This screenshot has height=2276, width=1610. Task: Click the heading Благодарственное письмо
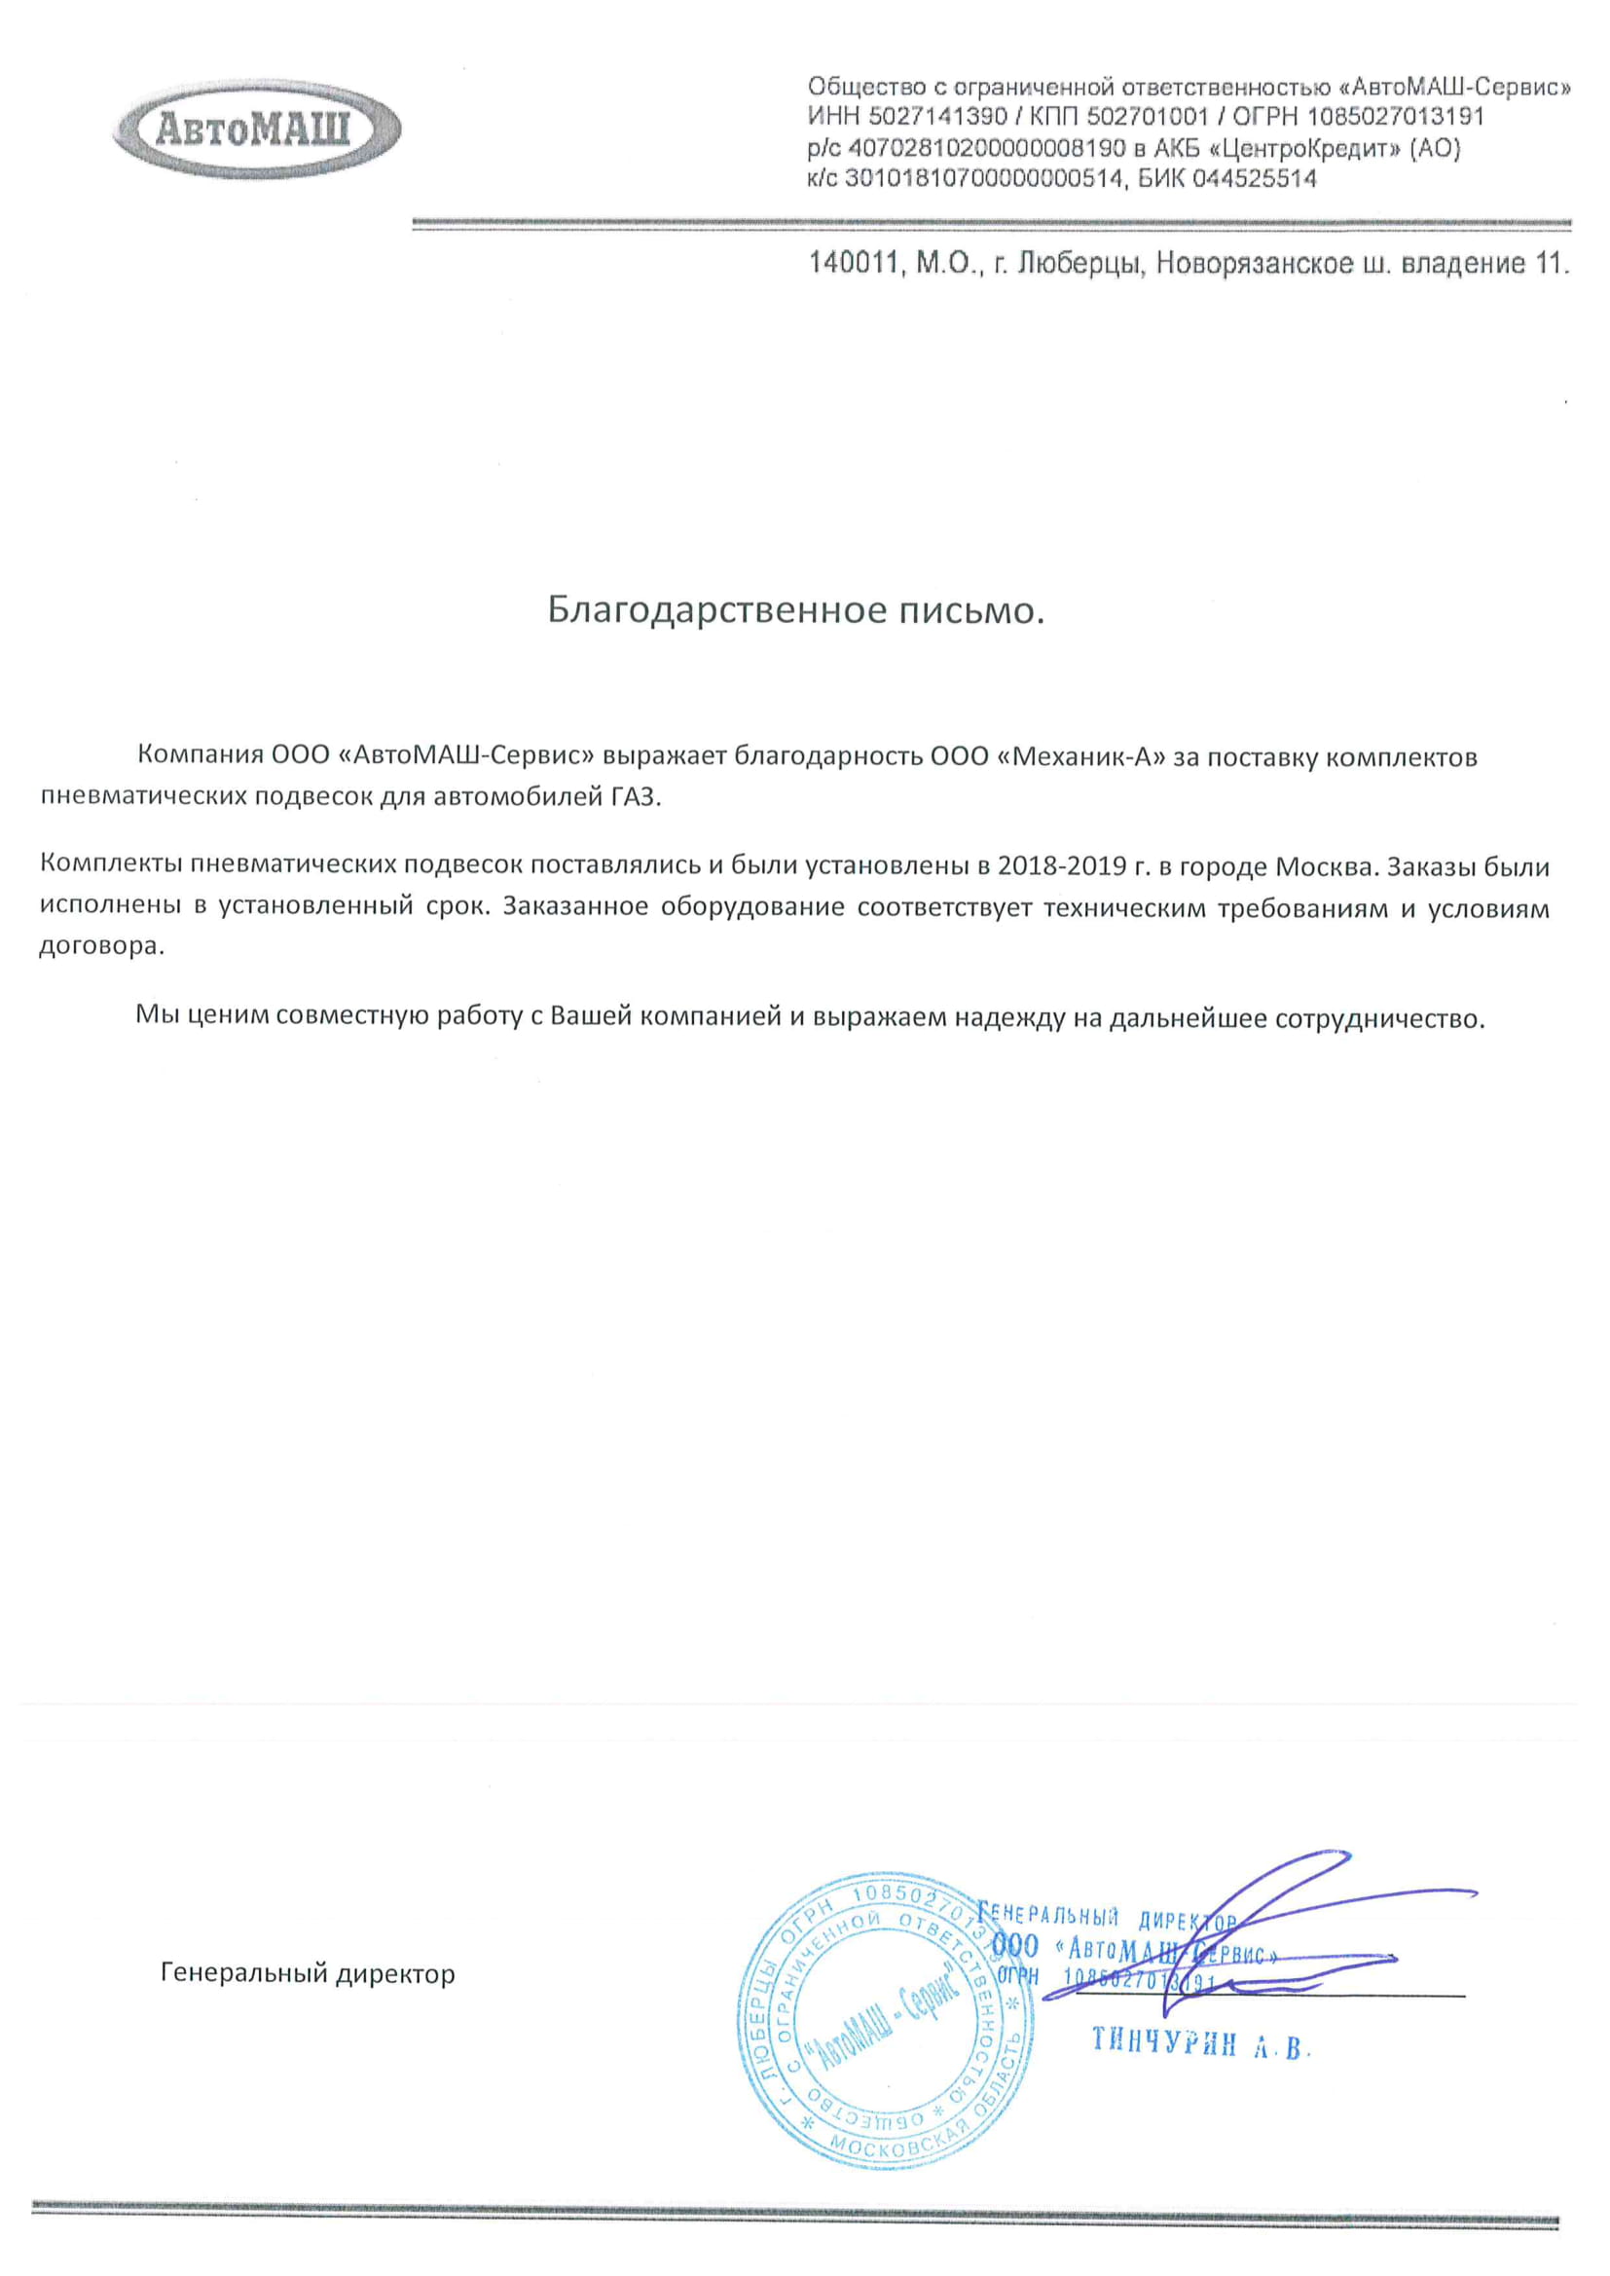[796, 610]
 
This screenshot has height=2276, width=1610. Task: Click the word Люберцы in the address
[1081, 265]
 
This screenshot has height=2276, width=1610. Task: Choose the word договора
[99, 945]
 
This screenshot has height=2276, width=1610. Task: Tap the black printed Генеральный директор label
[308, 1973]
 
